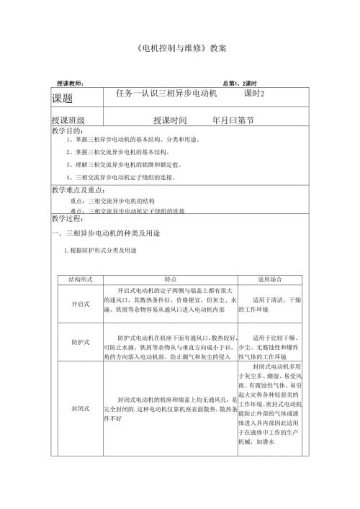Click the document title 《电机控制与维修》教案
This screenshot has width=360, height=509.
coord(181,49)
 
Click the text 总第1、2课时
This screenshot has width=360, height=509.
coord(244,84)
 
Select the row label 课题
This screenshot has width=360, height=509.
coord(62,96)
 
